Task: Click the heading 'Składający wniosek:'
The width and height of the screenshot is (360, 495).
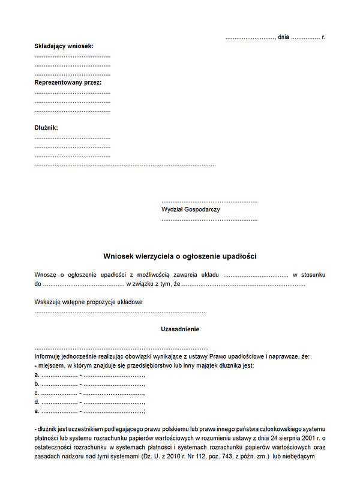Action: [64, 46]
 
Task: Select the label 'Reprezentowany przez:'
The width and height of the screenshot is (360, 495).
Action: [68, 82]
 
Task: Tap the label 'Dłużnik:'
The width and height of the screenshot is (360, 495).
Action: [46, 128]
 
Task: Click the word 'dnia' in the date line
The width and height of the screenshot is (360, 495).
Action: [284, 37]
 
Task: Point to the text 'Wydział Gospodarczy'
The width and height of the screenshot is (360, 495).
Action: [191, 209]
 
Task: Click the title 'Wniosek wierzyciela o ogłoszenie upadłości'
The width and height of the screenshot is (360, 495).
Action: [180, 256]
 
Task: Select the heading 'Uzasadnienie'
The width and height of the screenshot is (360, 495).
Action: [180, 329]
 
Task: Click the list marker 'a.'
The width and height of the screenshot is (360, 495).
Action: [37, 375]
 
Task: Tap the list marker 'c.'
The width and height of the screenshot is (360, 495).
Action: [37, 393]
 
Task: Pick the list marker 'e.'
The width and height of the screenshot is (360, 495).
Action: [37, 411]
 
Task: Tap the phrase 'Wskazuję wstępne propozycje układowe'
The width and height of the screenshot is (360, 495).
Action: [88, 302]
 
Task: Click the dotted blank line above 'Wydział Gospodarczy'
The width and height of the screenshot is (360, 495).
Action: [209, 202]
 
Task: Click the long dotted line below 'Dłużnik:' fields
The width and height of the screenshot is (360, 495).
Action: [125, 164]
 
